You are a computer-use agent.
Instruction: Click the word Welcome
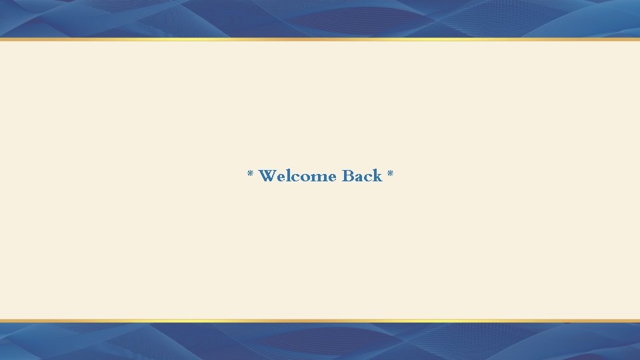(297, 176)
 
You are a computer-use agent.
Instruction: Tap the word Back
(362, 176)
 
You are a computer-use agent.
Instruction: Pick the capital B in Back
(348, 176)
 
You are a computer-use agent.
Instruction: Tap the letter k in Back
(377, 176)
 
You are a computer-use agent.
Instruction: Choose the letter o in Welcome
(306, 177)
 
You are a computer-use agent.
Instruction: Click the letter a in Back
(360, 177)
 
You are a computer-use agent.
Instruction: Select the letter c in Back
(369, 177)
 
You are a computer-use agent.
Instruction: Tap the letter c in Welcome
(296, 177)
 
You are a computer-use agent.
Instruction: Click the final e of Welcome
(331, 177)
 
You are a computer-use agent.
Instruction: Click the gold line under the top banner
(320, 39)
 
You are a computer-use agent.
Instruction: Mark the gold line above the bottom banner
(320, 321)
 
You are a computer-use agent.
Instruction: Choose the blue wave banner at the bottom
(320, 341)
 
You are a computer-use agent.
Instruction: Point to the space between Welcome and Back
(339, 177)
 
